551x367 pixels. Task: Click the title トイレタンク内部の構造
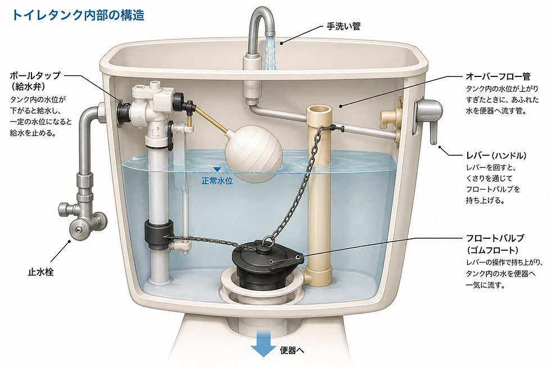tap(78, 15)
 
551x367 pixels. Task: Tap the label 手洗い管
tap(344, 26)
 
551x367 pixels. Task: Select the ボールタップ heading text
tap(35, 75)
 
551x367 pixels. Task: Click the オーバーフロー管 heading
tap(498, 76)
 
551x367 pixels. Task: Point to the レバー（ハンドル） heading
tap(496, 156)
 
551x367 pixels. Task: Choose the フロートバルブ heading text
tap(495, 238)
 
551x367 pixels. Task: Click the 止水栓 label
tap(40, 272)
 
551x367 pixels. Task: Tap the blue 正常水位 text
tap(217, 181)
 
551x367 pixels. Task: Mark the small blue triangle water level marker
tap(217, 170)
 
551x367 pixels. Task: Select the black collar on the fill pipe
tap(159, 233)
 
